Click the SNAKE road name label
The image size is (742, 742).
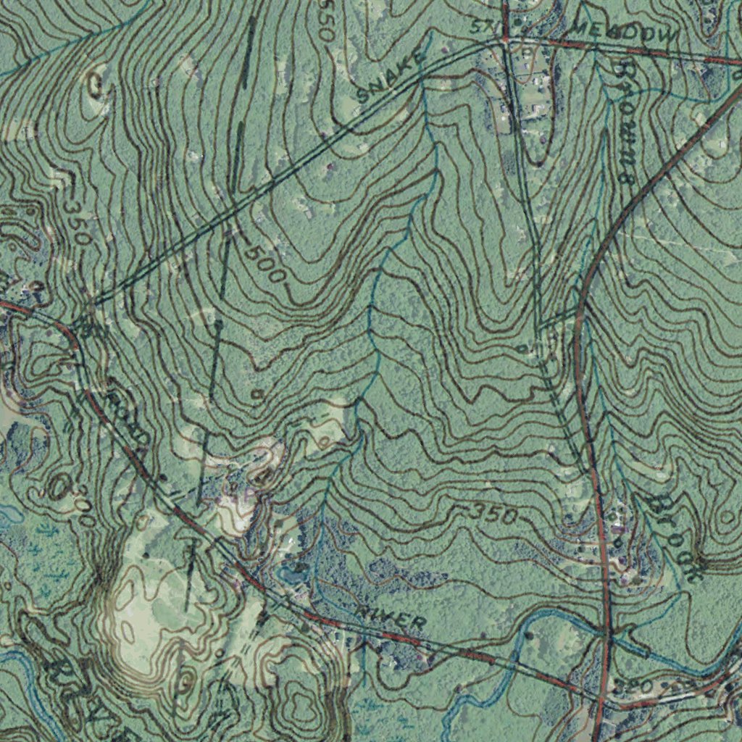390,78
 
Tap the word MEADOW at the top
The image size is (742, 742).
625,30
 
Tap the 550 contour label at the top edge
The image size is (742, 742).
325,17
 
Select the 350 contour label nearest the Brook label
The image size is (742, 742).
493,514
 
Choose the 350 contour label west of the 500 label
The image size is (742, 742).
75,220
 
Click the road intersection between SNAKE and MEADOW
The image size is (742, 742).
505,42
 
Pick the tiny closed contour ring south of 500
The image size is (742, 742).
257,393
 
